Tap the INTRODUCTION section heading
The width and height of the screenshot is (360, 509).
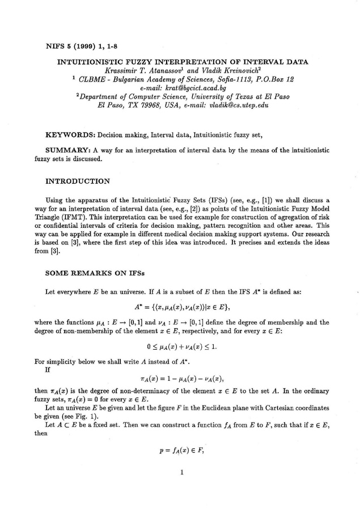[77, 183]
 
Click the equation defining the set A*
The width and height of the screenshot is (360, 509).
[180, 307]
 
